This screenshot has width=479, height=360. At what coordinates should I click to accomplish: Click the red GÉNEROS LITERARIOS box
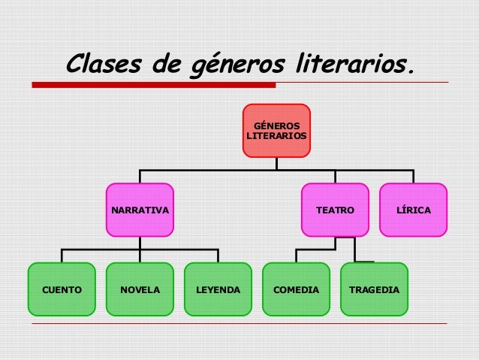click(276, 130)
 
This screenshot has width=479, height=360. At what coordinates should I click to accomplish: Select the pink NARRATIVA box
click(140, 210)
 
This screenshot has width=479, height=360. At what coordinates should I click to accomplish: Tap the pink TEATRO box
click(335, 210)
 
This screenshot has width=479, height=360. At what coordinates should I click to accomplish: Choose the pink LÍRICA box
click(414, 210)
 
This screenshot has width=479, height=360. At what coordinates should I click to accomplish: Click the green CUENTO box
click(62, 289)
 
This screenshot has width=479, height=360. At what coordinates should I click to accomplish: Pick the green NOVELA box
click(140, 289)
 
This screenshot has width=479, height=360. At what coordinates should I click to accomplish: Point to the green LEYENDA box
click(218, 289)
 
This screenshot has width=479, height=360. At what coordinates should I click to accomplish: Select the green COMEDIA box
click(296, 289)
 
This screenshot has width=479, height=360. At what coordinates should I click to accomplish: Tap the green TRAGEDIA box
click(374, 289)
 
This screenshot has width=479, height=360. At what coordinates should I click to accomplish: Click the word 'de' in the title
click(164, 65)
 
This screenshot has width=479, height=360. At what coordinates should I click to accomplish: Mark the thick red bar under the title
click(153, 85)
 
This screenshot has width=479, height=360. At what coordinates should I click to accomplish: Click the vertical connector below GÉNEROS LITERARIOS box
click(276, 163)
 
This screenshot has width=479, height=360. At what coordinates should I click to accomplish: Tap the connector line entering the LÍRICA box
click(414, 177)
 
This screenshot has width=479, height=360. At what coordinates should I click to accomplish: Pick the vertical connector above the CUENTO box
click(62, 256)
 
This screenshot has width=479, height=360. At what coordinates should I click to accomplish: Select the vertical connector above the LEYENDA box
click(218, 256)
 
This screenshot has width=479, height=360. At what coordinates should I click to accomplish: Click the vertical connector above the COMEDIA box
click(296, 256)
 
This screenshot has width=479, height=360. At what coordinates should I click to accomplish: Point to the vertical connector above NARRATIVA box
click(140, 177)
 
